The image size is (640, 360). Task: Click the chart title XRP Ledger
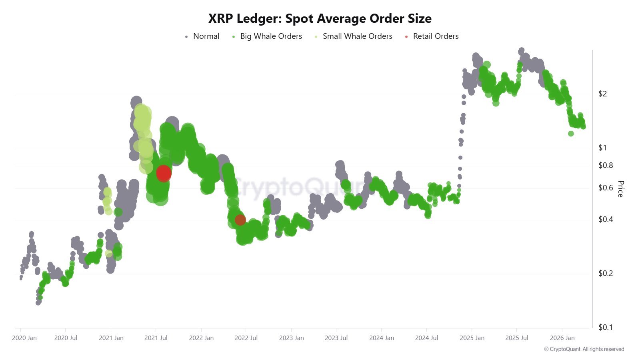click(320, 18)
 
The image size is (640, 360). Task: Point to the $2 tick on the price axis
click(602, 94)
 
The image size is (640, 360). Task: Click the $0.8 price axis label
click(605, 165)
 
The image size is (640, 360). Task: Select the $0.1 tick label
click(605, 327)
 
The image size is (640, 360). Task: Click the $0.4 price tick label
click(605, 219)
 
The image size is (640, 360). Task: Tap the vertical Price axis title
click(620, 189)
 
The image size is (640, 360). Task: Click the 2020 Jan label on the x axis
click(24, 338)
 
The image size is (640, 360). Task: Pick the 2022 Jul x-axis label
click(246, 338)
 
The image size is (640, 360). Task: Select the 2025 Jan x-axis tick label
click(472, 338)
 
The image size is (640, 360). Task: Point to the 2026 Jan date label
click(562, 338)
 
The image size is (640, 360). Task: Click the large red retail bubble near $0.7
click(164, 173)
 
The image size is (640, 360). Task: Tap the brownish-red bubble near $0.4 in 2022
click(240, 220)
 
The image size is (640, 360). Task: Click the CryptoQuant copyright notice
click(584, 349)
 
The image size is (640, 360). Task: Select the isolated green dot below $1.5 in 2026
click(571, 134)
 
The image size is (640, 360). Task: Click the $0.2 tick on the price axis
click(605, 273)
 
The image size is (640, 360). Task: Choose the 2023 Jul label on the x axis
click(336, 338)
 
